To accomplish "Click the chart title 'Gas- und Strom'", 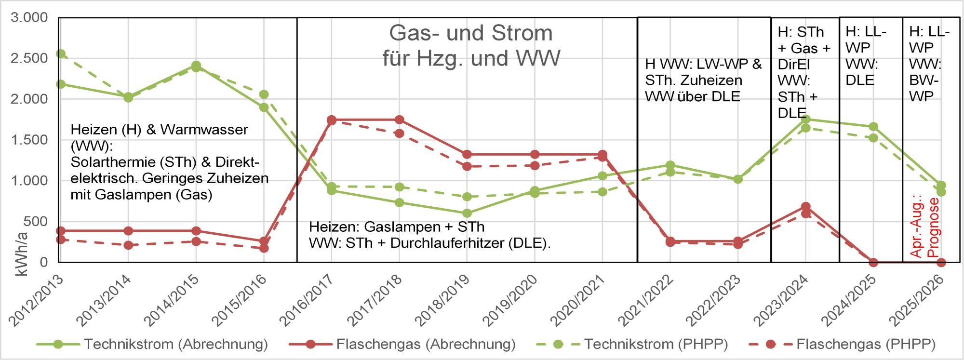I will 471,33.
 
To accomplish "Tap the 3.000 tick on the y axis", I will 29,18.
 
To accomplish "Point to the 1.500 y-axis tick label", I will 29,140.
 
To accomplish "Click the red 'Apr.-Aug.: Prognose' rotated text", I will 924,227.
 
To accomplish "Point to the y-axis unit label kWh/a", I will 22,254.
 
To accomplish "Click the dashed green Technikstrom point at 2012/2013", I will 61,53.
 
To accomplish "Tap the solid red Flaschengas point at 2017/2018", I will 399,120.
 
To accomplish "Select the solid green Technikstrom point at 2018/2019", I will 467,213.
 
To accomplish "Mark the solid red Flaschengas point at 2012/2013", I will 61,231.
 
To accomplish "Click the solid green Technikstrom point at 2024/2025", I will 873,127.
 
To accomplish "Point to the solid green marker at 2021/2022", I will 670,165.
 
